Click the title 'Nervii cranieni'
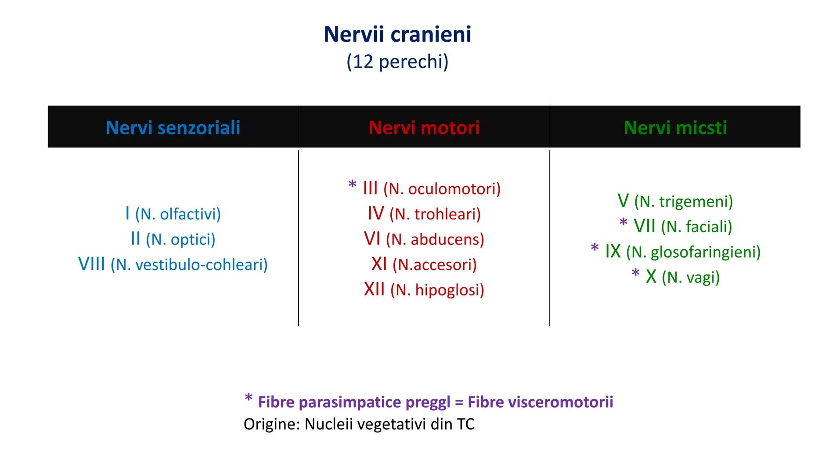click(x=397, y=34)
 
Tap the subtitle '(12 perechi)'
click(x=397, y=61)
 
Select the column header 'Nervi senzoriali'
click(x=173, y=128)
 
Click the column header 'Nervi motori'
click(x=424, y=128)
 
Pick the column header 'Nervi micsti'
click(x=675, y=128)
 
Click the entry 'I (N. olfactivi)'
click(x=173, y=214)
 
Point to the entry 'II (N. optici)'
click(x=173, y=239)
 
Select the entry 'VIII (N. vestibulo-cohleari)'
click(x=173, y=264)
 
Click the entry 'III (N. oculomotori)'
click(x=431, y=189)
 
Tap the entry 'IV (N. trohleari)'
click(x=424, y=214)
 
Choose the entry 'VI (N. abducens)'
click(x=424, y=239)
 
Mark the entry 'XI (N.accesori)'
click(x=424, y=264)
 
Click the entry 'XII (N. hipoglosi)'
click(x=424, y=290)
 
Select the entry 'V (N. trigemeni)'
click(x=675, y=201)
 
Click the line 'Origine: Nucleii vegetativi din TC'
click(x=359, y=424)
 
